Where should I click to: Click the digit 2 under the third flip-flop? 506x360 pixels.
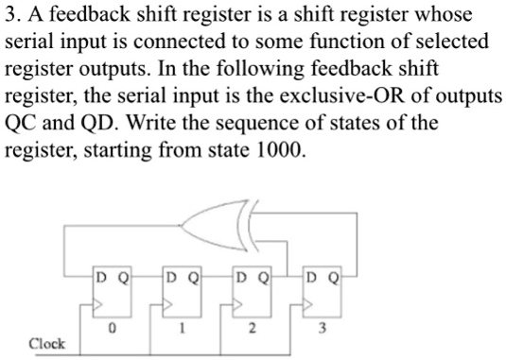[x=252, y=329]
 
